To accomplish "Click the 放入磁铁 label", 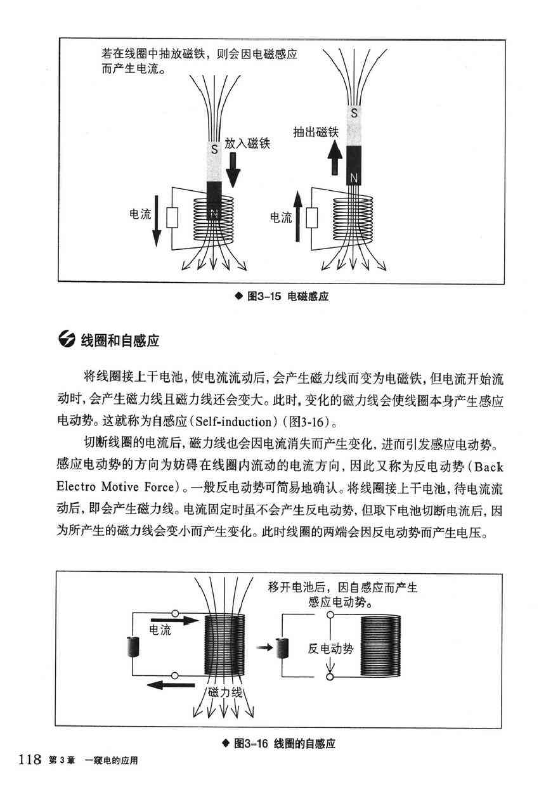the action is [247, 143].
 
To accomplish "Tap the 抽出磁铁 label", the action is [316, 132].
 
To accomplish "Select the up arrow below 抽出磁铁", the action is [335, 157].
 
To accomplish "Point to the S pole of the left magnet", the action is [214, 161].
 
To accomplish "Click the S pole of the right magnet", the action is [354, 125].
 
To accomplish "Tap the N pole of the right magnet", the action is [354, 165].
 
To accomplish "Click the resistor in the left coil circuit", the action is [172, 217].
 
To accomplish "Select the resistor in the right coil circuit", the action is [311, 217].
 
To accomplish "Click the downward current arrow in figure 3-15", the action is [157, 221].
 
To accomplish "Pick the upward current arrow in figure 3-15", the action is [297, 217].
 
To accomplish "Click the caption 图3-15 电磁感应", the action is [282, 297].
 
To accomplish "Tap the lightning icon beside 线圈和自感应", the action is [67, 339].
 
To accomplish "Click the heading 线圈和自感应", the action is [120, 341].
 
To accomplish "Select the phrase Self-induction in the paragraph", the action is [233, 421].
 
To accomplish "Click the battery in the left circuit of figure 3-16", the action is [133, 647].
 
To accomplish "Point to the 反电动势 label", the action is [331, 649].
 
